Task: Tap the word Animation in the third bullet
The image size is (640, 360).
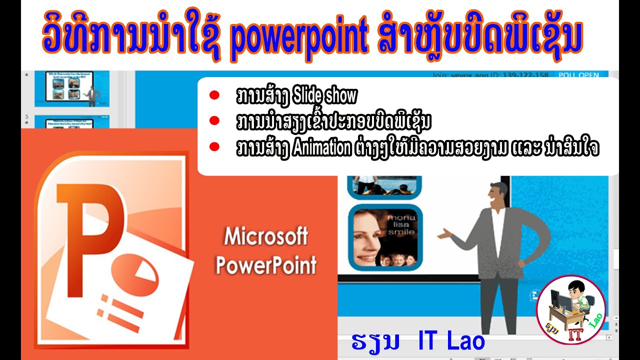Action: [x=321, y=148]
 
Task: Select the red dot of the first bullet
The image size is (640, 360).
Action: [x=214, y=95]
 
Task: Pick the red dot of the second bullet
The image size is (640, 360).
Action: [x=214, y=120]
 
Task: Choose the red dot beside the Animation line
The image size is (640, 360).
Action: [x=214, y=147]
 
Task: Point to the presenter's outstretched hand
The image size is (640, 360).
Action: [x=443, y=233]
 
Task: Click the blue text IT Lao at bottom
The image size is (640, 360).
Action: [x=451, y=341]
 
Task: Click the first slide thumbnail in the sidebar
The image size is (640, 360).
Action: [x=71, y=88]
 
